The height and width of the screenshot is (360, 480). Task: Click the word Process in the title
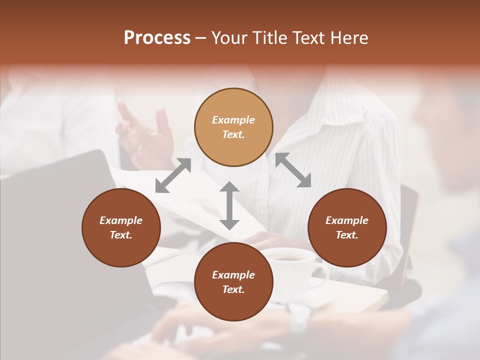tap(157, 38)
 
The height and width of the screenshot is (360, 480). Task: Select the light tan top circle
tap(233, 127)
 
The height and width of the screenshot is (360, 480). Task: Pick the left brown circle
tap(121, 227)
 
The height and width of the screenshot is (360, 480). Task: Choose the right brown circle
tap(347, 227)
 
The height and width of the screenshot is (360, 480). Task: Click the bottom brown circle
tap(233, 282)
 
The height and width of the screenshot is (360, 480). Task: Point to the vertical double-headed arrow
tap(229, 205)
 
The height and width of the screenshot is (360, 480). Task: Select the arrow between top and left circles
tap(173, 175)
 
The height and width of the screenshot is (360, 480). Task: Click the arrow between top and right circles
tap(293, 170)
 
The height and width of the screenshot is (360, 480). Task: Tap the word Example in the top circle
tap(233, 120)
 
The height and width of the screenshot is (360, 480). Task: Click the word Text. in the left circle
tap(121, 235)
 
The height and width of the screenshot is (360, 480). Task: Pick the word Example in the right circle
tap(347, 220)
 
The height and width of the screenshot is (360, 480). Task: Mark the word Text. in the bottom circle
tap(233, 289)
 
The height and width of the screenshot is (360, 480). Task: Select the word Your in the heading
tap(229, 38)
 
